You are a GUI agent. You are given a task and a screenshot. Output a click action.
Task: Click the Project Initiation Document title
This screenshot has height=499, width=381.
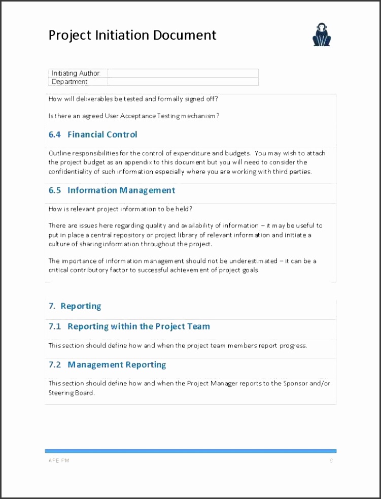click(132, 35)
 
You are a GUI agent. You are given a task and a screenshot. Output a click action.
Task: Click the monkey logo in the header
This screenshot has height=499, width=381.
click(321, 36)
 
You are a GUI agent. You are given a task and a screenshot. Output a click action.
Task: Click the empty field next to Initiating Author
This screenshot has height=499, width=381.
click(183, 73)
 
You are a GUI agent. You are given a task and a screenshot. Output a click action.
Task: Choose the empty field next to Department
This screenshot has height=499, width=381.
click(183, 82)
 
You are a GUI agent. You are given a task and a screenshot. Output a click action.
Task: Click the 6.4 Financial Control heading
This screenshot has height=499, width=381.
click(93, 135)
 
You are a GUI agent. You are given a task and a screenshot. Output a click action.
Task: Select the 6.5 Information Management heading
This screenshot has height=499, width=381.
click(112, 190)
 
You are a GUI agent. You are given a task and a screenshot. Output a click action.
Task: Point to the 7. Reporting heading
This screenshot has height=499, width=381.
click(75, 306)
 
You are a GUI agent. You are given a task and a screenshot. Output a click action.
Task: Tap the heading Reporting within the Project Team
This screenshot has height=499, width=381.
click(129, 326)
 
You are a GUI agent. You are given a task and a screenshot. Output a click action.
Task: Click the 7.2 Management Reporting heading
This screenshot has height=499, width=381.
click(107, 364)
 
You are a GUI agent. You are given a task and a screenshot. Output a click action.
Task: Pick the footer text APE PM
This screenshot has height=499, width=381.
click(59, 460)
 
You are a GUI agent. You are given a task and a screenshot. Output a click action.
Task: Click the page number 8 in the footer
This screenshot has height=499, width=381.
click(331, 460)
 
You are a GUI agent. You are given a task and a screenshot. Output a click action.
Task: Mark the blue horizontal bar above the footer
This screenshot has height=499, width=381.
click(190, 451)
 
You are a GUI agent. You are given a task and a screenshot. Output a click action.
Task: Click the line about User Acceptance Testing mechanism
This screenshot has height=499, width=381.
click(134, 116)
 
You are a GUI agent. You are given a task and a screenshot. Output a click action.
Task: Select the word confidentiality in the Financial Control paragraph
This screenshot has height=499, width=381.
click(70, 172)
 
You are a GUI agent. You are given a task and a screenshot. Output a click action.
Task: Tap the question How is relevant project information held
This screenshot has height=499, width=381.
click(120, 209)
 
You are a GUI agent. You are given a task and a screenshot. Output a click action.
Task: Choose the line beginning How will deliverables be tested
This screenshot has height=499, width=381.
click(136, 98)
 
